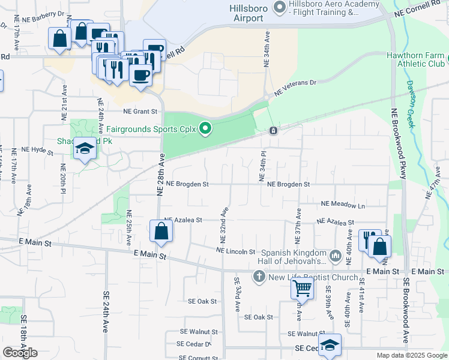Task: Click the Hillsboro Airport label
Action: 246,13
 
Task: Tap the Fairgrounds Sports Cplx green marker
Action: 206,128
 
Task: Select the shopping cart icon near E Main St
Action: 302,289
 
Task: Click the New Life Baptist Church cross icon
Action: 259,277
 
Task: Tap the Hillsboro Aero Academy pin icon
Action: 279,7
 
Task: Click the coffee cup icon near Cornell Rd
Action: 141,76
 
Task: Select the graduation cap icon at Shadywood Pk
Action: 85,148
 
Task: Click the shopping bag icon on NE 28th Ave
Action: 161,231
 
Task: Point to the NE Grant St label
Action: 140,112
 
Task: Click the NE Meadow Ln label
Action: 343,205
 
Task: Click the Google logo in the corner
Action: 20,353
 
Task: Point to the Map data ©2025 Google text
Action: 412,355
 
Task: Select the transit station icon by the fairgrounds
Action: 273,130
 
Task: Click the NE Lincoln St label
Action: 236,251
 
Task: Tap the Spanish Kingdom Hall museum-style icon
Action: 336,256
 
